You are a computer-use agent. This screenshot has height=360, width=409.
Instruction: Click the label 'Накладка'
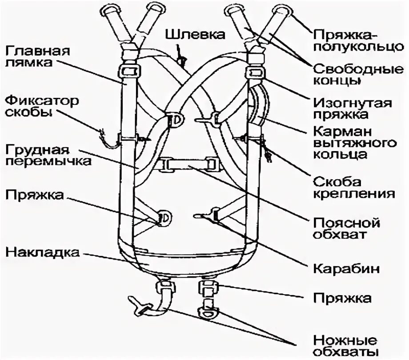(42, 253)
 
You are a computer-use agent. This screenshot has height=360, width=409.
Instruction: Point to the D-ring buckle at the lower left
(163, 216)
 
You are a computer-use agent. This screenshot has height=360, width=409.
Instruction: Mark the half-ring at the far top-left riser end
(109, 8)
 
